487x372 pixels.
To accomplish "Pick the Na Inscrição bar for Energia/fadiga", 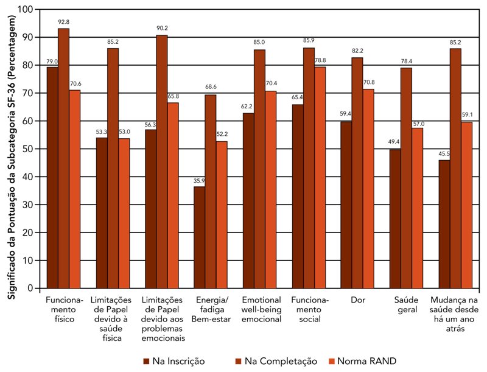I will coord(200,237).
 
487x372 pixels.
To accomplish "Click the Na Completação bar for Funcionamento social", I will coord(309,167).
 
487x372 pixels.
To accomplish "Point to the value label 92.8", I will coord(64,22).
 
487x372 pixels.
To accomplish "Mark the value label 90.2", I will coord(162,28).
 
